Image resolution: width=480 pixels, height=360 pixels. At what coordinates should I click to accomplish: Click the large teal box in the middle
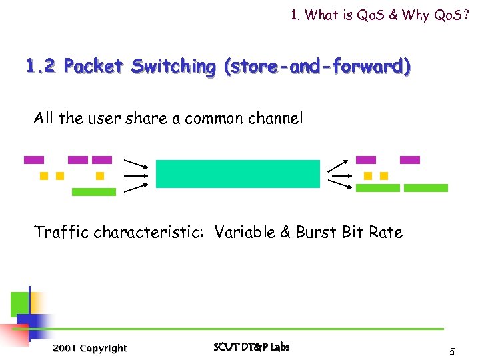click(238, 174)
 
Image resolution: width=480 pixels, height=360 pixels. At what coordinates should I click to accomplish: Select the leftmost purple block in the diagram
click(34, 160)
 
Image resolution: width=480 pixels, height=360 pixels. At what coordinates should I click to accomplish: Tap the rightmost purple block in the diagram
click(410, 160)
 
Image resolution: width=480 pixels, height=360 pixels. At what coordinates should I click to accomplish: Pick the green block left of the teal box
click(93, 192)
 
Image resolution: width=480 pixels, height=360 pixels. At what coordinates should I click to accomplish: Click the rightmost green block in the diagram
click(426, 188)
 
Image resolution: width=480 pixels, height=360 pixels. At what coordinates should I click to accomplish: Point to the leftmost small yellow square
click(44, 176)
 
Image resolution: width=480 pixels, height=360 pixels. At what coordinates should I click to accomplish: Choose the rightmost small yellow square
click(384, 176)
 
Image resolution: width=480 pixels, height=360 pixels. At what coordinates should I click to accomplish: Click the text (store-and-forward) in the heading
click(318, 67)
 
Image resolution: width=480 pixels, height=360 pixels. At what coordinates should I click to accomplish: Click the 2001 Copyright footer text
click(89, 348)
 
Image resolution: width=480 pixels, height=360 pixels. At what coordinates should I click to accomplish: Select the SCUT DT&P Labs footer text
click(251, 347)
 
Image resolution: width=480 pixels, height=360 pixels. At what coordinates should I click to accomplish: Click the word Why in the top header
click(412, 15)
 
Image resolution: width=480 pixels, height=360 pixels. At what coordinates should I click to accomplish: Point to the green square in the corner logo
click(19, 304)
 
